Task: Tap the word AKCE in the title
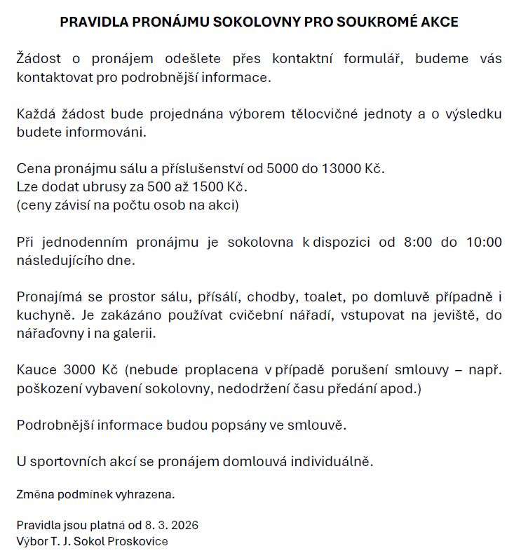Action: tap(440, 22)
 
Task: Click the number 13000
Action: tap(341, 170)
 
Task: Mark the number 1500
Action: tap(211, 188)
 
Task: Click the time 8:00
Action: tap(416, 243)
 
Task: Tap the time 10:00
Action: tap(485, 243)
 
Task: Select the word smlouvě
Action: tap(319, 425)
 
